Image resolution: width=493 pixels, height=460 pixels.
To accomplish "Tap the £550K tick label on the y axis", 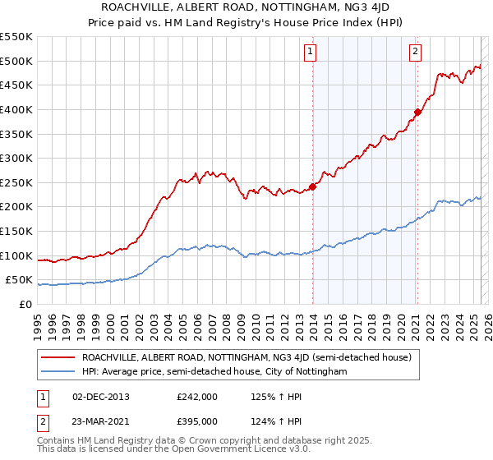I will coord(16,37).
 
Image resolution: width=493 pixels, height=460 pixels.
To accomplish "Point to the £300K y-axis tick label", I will coord(16,158).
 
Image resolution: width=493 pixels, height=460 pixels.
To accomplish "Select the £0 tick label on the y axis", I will coord(25,304).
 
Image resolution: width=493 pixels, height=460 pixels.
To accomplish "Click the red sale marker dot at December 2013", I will coord(313,186).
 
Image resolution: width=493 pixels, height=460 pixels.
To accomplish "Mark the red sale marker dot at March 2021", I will coord(417,113).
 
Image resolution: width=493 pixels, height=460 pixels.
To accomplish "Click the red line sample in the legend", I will coord(58,357).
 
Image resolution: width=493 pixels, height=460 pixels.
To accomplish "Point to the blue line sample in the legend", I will coord(58,371).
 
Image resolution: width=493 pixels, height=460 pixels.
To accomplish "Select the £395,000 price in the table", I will coord(197,421).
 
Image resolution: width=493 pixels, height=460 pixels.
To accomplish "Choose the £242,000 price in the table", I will coord(197,397).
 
